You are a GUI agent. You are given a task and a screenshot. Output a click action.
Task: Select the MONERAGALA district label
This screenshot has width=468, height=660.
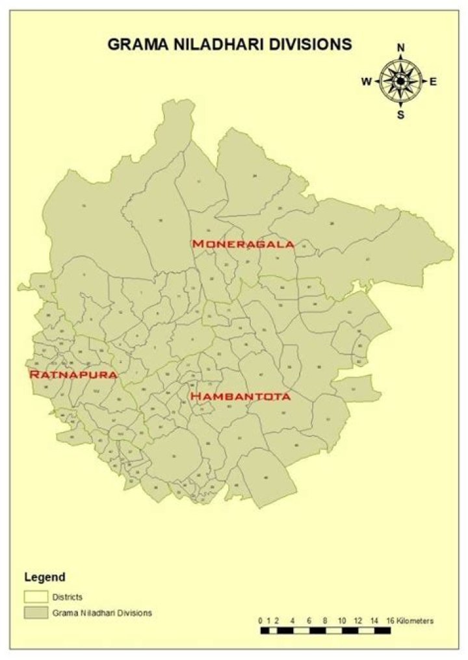(x=243, y=244)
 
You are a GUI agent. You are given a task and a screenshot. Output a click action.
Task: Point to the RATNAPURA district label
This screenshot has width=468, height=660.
(x=73, y=375)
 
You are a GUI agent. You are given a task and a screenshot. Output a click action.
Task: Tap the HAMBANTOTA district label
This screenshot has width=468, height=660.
(x=239, y=396)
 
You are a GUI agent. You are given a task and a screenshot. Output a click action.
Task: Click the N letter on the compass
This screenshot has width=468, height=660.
(x=401, y=47)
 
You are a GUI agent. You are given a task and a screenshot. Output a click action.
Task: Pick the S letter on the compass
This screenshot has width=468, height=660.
(x=401, y=115)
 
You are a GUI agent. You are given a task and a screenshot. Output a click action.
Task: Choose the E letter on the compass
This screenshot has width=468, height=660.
(x=433, y=81)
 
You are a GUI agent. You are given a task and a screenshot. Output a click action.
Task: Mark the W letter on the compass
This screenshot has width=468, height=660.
(x=367, y=81)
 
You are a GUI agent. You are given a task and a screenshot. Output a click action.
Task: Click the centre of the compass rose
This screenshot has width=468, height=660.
(x=400, y=81)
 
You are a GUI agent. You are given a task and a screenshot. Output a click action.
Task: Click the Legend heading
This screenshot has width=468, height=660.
(x=45, y=576)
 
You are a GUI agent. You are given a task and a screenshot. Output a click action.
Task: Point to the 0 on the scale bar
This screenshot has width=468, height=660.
(x=261, y=620)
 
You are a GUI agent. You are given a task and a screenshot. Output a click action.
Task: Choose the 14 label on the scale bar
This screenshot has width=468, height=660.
(x=373, y=620)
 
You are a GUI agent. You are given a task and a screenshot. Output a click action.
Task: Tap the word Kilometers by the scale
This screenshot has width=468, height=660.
(x=414, y=620)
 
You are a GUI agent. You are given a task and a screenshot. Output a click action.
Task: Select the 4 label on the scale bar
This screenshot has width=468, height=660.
(x=292, y=620)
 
